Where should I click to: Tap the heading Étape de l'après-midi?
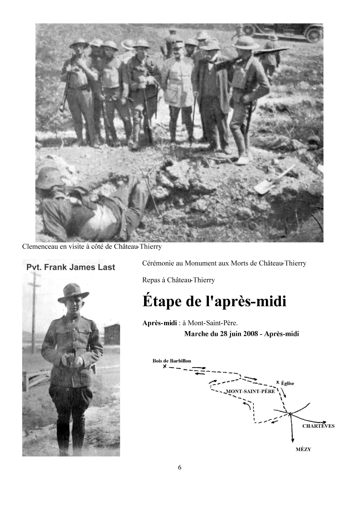point(214,301)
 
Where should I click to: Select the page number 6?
point(180,467)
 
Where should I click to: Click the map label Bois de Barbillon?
point(172,361)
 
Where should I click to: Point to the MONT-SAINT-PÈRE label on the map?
point(250,391)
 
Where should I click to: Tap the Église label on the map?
point(288,383)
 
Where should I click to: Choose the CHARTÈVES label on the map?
point(318,426)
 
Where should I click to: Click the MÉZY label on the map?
point(303,449)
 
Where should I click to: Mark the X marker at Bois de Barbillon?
point(165,366)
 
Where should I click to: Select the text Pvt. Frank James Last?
point(71,267)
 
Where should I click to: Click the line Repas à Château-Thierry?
point(178,280)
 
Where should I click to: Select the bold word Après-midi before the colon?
point(159,323)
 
